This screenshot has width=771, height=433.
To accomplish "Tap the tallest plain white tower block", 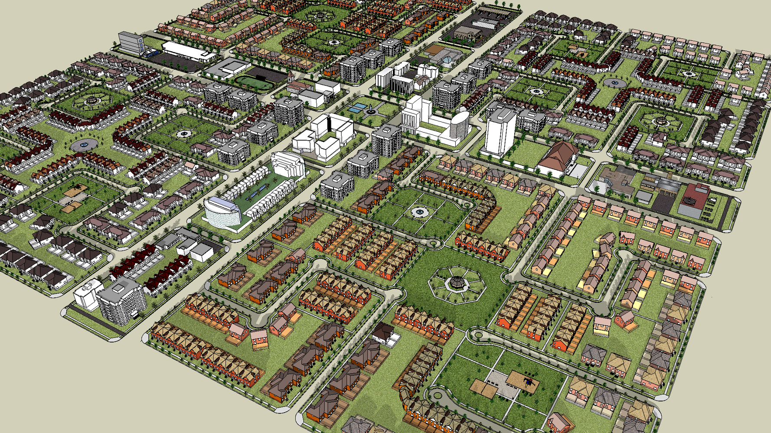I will [x=500, y=130].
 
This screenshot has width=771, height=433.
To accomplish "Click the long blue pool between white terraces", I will [x=258, y=191].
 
